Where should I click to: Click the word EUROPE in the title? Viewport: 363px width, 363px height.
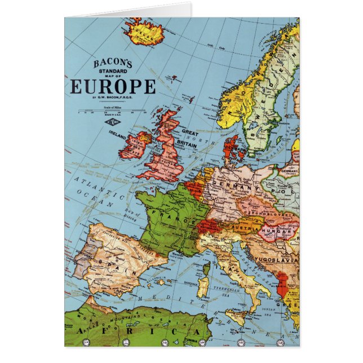(x=113, y=86)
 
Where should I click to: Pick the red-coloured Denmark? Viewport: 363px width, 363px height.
(x=232, y=148)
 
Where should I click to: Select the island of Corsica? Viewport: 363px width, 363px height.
(x=206, y=267)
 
